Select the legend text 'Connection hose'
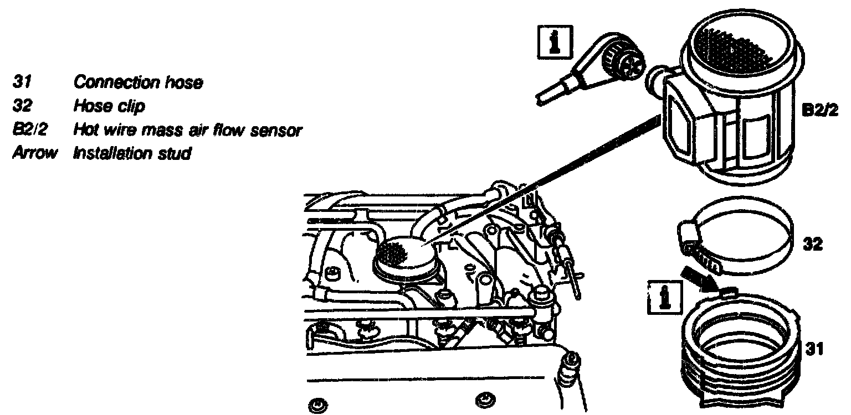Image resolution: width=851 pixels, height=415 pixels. [139, 83]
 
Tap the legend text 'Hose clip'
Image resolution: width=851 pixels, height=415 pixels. [109, 107]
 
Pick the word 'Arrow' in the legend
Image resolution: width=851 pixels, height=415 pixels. [34, 153]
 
